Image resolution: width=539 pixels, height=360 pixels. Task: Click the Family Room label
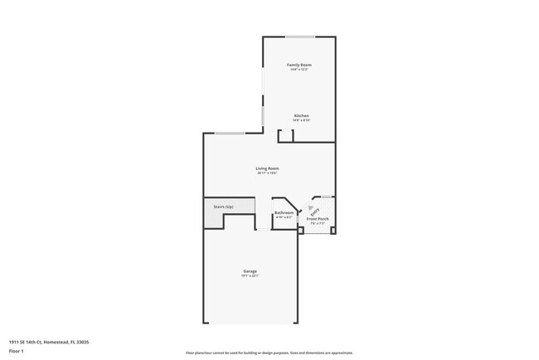coord(299,65)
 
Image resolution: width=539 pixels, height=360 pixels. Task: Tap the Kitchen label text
coord(301,115)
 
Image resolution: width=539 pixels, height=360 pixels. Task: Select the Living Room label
coord(267,168)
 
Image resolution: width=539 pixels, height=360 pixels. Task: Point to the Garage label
coord(250,271)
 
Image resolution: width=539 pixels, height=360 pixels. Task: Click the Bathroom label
coord(284,213)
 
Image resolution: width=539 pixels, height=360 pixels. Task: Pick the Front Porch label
coord(318,219)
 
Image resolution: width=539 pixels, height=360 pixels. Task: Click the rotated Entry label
coord(313,211)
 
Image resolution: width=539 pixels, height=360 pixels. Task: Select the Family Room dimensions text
coord(299,70)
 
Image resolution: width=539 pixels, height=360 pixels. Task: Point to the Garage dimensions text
coord(250,276)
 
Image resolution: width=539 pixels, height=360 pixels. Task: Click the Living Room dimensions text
coord(267,173)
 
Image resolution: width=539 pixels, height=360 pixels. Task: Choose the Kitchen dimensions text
coord(301,120)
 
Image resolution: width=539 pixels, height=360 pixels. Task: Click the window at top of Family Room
coord(300,36)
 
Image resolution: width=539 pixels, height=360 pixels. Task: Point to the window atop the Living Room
coord(230,134)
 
